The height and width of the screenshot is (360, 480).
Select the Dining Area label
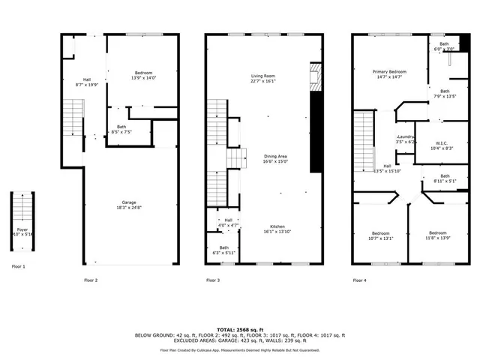pyautogui.click(x=276, y=156)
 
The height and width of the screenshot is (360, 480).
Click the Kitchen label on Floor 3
pyautogui.click(x=277, y=226)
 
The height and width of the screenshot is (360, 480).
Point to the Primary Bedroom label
pyautogui.click(x=388, y=71)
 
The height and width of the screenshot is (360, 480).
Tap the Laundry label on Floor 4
pyautogui.click(x=406, y=136)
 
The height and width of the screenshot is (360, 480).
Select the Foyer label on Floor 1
pyautogui.click(x=22, y=229)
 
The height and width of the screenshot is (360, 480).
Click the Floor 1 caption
pyautogui.click(x=19, y=266)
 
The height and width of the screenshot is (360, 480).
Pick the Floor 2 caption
pyautogui.click(x=91, y=280)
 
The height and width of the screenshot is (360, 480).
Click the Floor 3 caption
pyautogui.click(x=213, y=280)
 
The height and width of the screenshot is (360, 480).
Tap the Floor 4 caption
pyautogui.click(x=360, y=280)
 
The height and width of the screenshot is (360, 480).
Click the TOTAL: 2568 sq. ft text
pyautogui.click(x=239, y=329)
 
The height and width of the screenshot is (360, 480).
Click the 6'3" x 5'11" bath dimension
pyautogui.click(x=223, y=253)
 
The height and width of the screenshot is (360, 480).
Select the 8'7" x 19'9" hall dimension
pyautogui.click(x=87, y=85)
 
